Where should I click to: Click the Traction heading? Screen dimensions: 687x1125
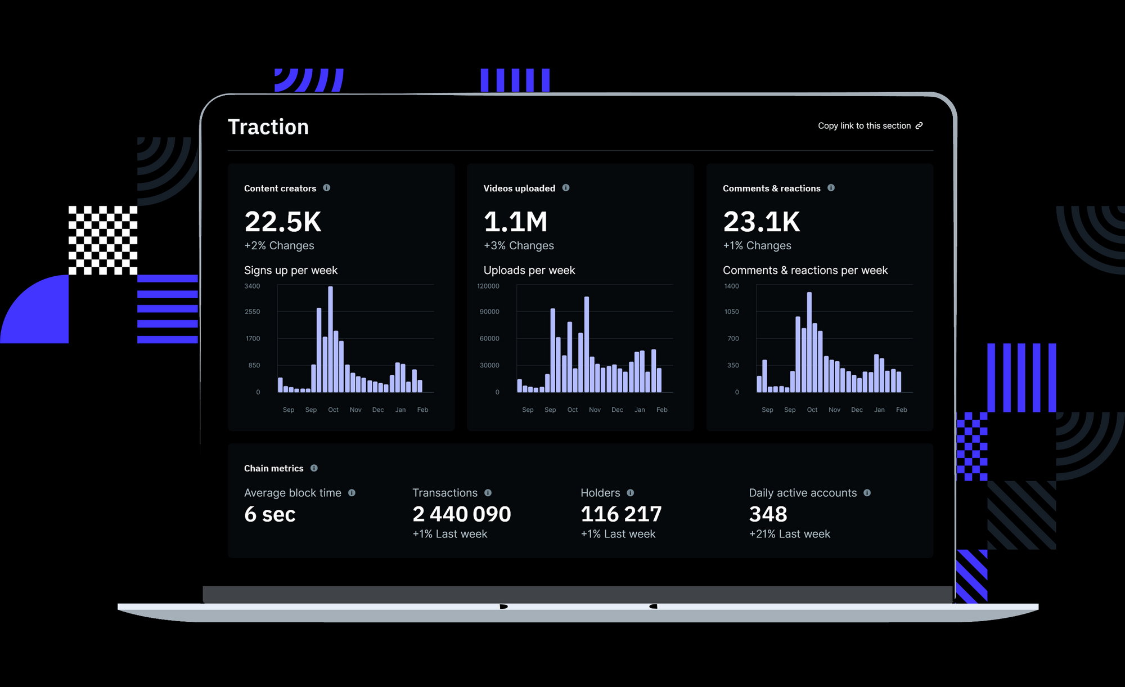coord(268,127)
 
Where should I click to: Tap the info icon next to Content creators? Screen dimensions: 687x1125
coord(327,188)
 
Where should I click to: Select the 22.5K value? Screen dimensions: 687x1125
coord(283,222)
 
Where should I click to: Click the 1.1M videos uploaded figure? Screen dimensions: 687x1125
coord(515,222)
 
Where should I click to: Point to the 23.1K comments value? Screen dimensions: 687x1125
coord(761,222)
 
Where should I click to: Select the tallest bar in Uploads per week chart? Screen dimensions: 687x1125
coord(587,343)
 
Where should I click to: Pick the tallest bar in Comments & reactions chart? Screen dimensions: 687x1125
coord(809,341)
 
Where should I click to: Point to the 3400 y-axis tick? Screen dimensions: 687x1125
coord(252,286)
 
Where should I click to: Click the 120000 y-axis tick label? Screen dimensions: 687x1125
coord(488,286)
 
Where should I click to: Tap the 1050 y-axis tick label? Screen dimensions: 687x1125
coord(731,312)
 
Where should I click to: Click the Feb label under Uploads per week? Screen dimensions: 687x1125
coord(661,410)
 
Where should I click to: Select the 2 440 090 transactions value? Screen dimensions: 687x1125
coord(461,514)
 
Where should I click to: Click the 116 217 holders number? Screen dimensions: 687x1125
coord(621,514)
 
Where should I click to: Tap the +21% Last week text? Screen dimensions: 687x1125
coord(789,534)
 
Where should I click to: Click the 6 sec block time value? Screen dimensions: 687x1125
coord(270,514)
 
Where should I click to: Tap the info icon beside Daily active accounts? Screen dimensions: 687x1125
coord(867,493)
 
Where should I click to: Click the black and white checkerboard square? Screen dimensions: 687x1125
coord(103,240)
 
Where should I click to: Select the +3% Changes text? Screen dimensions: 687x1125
coord(519,246)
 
